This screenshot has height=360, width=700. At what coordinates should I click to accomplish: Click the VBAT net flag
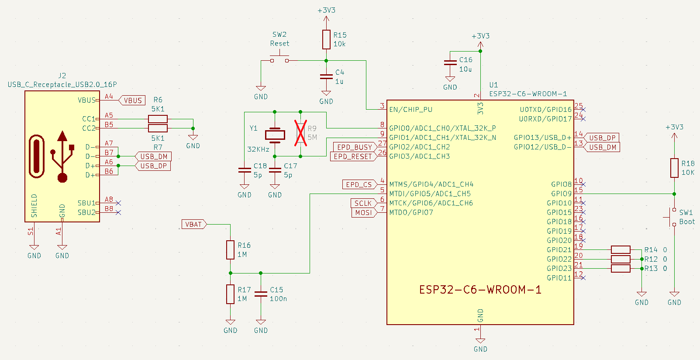coord(194,225)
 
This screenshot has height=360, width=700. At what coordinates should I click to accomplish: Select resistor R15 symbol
coord(326,39)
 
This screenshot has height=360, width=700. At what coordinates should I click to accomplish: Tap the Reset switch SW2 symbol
coord(279,59)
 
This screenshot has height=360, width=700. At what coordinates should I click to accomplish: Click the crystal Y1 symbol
coord(275,135)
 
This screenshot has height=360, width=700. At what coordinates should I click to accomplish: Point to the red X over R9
coord(300,133)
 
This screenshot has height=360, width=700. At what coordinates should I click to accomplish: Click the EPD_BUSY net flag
coord(355,147)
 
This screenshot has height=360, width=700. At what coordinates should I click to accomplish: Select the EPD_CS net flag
coord(359,184)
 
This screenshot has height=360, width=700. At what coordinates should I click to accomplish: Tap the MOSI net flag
coord(363,213)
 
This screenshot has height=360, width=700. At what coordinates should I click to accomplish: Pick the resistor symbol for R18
coord(674,168)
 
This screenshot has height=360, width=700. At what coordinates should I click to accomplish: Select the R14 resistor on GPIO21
coord(621,250)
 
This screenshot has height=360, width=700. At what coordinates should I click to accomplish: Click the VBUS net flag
coord(132,100)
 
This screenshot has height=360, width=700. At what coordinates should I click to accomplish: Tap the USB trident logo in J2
coord(62,156)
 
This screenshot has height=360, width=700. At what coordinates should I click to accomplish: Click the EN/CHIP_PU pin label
coord(410,110)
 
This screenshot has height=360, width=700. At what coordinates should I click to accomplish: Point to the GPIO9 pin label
coord(561,194)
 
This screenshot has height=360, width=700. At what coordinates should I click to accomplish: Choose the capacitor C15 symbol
coord(261,294)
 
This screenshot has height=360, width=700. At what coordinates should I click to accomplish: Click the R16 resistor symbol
coord(230,249)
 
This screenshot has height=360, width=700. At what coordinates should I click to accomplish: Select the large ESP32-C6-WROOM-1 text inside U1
coord(480,290)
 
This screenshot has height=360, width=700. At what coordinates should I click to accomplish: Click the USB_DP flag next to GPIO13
coord(602,138)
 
